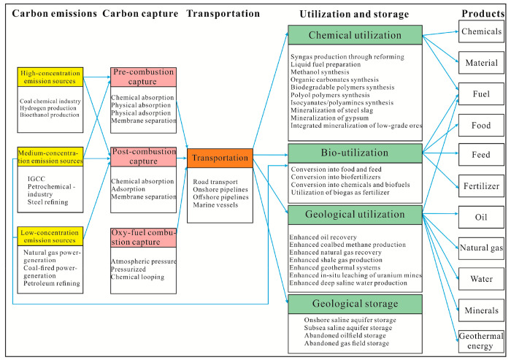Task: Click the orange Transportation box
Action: point(219,158)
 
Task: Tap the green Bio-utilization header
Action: point(355,153)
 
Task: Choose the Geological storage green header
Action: point(355,304)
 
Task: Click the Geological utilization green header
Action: point(355,215)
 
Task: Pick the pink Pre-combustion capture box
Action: point(143,76)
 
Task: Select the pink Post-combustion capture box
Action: point(143,156)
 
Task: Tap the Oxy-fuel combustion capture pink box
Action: point(143,237)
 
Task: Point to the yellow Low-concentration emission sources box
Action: point(50,236)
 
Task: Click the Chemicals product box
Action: point(480,31)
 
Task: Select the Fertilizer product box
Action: point(480,185)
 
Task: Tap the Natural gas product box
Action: point(480,248)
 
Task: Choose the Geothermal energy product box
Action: point(480,341)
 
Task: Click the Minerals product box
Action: point(480,310)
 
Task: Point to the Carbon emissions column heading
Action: point(50,14)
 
